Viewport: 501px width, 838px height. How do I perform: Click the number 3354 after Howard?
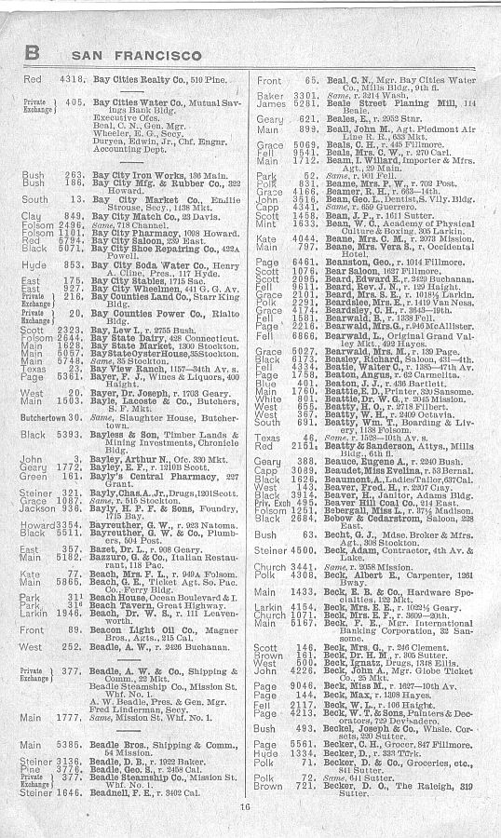point(72,526)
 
